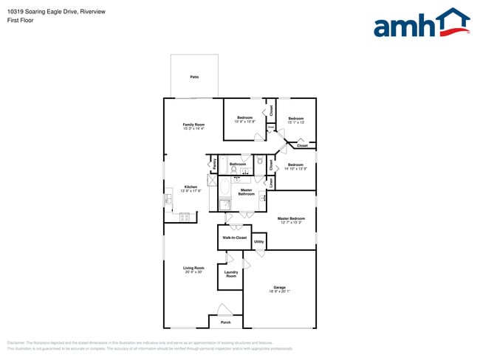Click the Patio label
193,77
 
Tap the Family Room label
193,125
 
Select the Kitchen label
191,187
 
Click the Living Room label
193,268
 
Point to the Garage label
279,287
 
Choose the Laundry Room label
231,274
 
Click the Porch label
226,322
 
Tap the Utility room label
259,241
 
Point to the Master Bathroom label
247,192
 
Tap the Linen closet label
272,181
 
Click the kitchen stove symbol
184,218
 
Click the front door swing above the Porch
224,310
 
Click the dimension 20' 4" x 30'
193,272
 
